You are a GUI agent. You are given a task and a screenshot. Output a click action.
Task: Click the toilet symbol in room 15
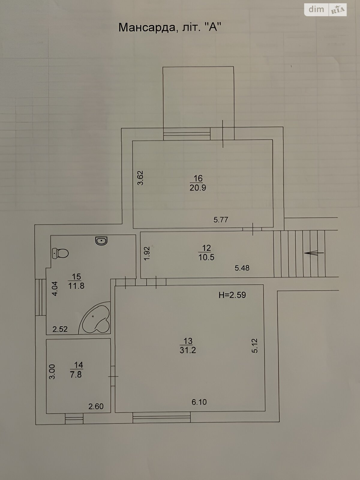tap(60, 253)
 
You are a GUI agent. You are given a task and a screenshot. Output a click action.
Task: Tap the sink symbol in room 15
tap(101, 241)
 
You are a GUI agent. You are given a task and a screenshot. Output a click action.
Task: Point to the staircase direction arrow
tap(314, 253)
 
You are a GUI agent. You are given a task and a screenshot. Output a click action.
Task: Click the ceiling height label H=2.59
tap(232, 295)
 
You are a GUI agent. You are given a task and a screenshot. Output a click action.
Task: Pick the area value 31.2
tap(188, 350)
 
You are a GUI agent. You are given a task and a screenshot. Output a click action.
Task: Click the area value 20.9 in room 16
tap(198, 187)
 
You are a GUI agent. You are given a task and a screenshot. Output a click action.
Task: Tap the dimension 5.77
tap(221, 220)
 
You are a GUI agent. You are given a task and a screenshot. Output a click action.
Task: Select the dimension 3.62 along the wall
tap(140, 178)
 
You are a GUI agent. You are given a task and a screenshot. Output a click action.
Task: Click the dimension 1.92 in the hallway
tap(147, 253)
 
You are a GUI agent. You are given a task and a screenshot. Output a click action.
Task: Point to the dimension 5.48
tap(242, 268)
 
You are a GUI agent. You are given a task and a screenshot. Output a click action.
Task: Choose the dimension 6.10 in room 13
tap(199, 402)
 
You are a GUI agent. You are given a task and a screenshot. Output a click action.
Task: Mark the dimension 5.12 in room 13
tap(255, 346)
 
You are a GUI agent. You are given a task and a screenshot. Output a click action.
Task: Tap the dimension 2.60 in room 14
tap(96, 406)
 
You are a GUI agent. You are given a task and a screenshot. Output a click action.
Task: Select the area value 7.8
tap(76, 374)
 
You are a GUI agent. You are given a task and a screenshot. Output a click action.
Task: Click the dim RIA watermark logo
tap(325, 10)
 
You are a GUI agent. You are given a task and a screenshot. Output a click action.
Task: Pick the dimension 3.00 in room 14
tap(52, 371)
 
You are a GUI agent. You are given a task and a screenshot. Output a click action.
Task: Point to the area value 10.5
tap(206, 257)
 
